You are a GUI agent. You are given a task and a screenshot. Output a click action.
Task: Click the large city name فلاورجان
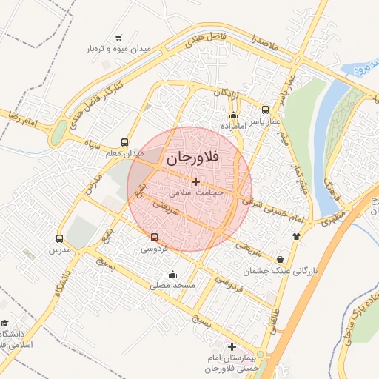click(190, 158)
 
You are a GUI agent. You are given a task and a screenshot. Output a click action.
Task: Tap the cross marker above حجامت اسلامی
click(195, 181)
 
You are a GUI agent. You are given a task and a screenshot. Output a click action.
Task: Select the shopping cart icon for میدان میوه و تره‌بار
click(119, 38)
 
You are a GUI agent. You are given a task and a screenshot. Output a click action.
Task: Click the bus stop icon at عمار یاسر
click(266, 110)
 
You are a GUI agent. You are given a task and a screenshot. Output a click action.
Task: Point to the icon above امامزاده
click(234, 115)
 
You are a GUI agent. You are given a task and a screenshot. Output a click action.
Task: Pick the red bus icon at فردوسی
click(154, 238)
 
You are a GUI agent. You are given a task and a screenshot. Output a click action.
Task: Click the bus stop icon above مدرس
click(60, 238)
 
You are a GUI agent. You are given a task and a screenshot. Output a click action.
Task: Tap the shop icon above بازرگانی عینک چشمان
click(280, 260)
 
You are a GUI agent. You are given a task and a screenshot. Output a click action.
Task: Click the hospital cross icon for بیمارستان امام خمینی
click(232, 347)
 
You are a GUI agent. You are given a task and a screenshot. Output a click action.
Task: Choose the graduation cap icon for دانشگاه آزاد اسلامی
click(4, 323)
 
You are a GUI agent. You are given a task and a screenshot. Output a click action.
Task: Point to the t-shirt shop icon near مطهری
click(297, 236)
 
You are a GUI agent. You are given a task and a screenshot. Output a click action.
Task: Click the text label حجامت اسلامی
click(195, 192)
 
